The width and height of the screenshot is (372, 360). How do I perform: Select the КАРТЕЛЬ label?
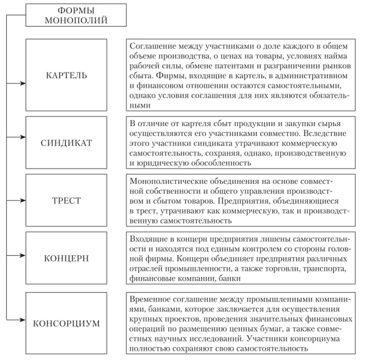[66, 75]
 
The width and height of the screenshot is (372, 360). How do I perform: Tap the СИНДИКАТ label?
[66, 142]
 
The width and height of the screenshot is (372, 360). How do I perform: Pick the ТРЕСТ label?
[66, 200]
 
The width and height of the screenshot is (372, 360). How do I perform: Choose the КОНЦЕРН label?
[66, 259]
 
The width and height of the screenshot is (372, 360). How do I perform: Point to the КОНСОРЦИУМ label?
[66, 324]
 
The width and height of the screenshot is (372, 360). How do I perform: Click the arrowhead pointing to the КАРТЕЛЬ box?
[23, 84]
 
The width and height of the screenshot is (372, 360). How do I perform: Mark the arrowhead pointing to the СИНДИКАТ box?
[23, 137]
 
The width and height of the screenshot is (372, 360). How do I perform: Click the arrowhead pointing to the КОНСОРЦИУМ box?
[23, 318]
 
